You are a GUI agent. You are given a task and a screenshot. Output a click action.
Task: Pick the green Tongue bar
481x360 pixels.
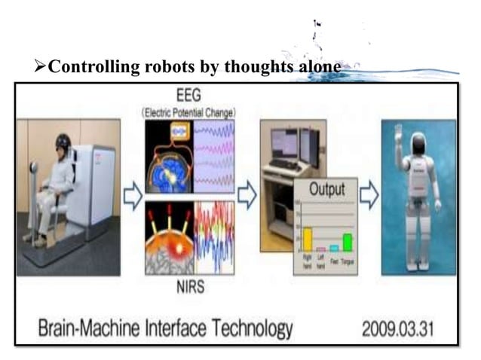[x=347, y=242]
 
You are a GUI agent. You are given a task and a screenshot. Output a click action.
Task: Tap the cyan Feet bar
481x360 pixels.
[x=333, y=248]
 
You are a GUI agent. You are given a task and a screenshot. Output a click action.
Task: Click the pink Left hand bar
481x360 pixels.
[x=320, y=249]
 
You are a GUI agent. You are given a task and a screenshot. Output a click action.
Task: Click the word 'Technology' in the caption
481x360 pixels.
[x=249, y=328]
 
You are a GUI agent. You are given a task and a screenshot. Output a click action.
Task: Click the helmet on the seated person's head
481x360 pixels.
[x=63, y=141]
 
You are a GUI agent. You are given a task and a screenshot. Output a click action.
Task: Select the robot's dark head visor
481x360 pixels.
[x=419, y=145]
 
